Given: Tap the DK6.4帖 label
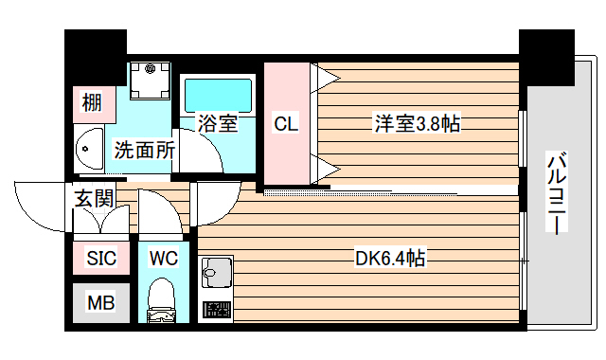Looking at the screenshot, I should pos(389,258).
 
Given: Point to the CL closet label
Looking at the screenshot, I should pos(286,123).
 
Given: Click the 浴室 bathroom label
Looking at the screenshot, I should pos(217,123).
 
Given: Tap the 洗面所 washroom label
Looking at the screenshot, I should pos(144,149).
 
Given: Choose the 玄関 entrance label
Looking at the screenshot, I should pos(95,198).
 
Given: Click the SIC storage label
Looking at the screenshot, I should pos(100,258).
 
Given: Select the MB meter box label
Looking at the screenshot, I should pos(100,303).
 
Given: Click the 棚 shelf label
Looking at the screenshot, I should pos(92,102).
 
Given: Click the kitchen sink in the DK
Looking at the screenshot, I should pos(217,272).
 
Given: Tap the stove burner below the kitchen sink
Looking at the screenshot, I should pos(217,310).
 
